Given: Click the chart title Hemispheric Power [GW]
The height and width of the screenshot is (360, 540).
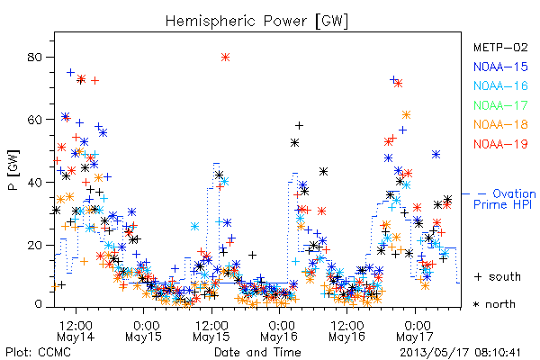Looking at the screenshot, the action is [256, 22].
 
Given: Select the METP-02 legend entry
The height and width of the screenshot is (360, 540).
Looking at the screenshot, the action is [500, 47].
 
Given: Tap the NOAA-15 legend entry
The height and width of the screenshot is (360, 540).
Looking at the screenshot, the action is [500, 67].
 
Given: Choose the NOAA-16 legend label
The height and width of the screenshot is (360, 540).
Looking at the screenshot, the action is [500, 85].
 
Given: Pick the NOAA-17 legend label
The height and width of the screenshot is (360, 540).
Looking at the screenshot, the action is [500, 105].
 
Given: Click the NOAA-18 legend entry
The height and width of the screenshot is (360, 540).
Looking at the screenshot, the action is [500, 124].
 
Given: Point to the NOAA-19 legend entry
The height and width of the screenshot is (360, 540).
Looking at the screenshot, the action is [500, 144].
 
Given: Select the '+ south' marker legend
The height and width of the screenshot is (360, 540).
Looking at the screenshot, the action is [498, 276].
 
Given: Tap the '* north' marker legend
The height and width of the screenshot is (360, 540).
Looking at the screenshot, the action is [494, 304].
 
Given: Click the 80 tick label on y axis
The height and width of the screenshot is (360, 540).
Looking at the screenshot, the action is [34, 58].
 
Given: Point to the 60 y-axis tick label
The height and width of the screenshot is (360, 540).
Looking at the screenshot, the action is [34, 120].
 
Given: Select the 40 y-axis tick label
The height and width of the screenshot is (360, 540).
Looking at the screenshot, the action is [34, 183].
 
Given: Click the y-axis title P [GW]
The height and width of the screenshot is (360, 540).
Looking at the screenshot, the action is [13, 170].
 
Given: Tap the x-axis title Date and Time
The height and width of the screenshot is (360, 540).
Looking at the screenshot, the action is [257, 353].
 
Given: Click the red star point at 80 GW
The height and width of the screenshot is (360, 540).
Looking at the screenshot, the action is [225, 58].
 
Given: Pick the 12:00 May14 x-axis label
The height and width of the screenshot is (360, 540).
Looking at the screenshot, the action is [76, 331].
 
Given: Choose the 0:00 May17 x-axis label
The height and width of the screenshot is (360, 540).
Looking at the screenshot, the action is [415, 331].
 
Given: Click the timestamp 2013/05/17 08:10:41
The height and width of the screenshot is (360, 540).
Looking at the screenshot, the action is [460, 353].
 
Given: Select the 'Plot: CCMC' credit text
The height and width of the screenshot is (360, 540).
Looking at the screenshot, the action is [38, 353].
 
